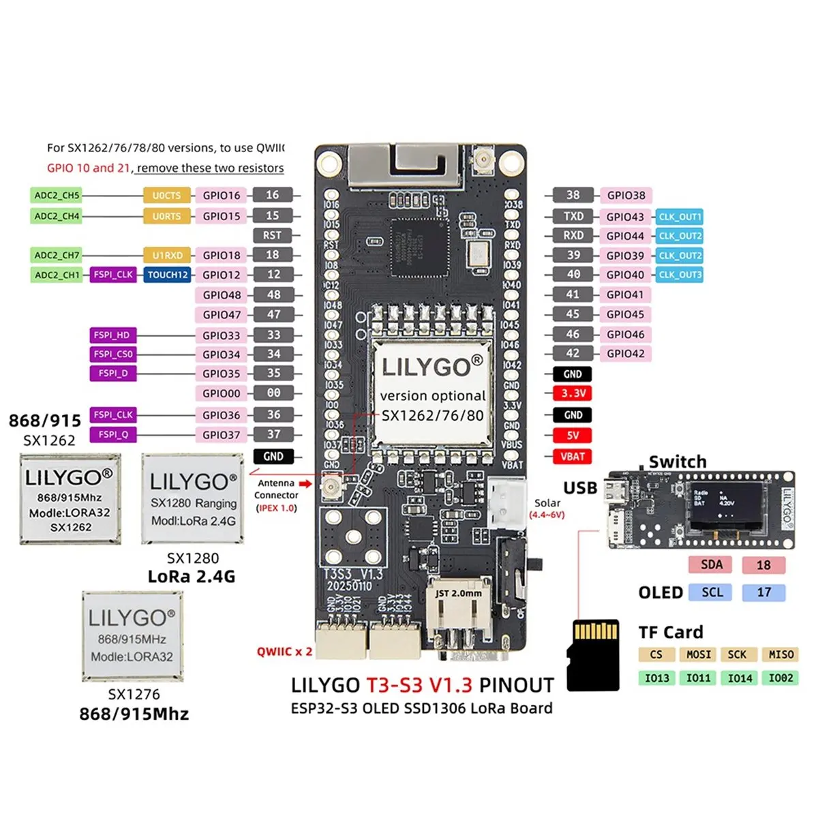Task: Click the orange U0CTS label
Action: tap(167, 196)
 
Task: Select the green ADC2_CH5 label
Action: tap(57, 196)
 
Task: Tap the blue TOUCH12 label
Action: tap(168, 275)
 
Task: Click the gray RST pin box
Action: tap(272, 235)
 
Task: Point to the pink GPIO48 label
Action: tap(222, 295)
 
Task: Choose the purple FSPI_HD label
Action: tap(113, 335)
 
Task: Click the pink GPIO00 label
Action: tap(222, 393)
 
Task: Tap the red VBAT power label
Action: tap(573, 457)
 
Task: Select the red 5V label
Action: tap(573, 436)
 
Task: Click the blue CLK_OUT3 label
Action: tap(680, 275)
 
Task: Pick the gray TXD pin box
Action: tap(573, 216)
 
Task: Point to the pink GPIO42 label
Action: tap(625, 354)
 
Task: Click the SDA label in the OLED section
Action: tap(712, 564)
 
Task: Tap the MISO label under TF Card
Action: tap(781, 654)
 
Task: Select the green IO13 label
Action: tap(657, 678)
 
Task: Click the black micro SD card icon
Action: tap(593, 654)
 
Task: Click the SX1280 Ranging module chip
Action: tap(193, 499)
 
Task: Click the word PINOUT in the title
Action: tap(516, 685)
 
